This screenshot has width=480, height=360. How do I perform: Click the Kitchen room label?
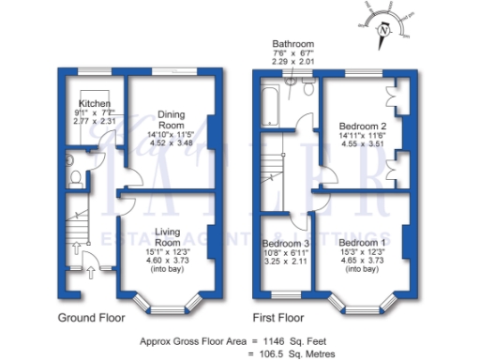pos(95,103)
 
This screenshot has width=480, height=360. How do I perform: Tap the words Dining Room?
pos(170,119)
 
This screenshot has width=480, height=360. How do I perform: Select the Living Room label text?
pos(167,238)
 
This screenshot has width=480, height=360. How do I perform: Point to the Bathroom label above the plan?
pos(292,44)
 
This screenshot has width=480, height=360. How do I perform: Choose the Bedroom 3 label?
pos(285,244)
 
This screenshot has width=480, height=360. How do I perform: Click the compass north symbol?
pos(382,30)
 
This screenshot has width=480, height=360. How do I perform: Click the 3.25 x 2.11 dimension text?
pos(285,263)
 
